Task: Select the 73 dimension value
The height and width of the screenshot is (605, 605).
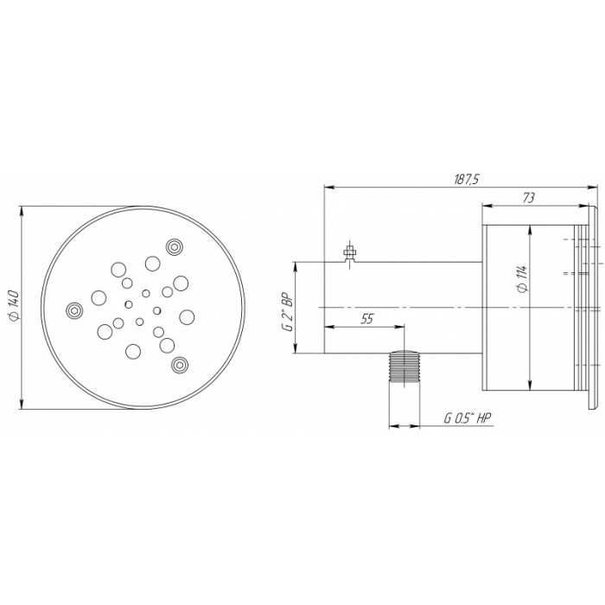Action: [529, 198]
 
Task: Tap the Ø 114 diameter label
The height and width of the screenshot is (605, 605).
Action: [522, 279]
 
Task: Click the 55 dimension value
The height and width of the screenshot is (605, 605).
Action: [367, 319]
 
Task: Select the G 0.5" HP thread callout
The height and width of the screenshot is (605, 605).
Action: [468, 418]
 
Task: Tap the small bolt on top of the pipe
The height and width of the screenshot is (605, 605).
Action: [349, 253]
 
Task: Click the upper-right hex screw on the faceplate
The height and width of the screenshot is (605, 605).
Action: [175, 246]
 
